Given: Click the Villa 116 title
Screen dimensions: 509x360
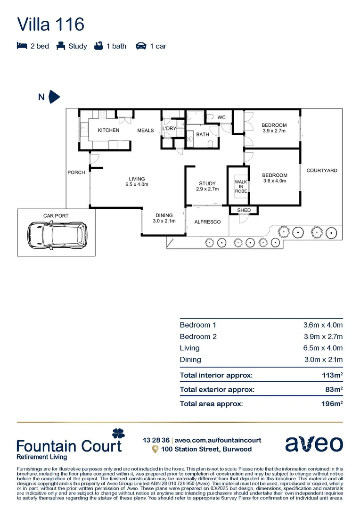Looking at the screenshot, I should (x=50, y=24).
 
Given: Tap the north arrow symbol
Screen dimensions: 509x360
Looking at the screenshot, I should (x=55, y=97).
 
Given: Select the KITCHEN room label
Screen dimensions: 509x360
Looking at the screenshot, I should (x=108, y=131).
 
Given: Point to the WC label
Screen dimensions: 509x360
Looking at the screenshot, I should (x=221, y=117).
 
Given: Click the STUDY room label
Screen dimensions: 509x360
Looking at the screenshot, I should (x=207, y=184).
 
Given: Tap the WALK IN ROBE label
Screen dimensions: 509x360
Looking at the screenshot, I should (x=241, y=187).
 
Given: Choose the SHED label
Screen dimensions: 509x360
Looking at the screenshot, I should (x=244, y=210).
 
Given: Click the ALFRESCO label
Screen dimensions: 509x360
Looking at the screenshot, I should (x=208, y=222).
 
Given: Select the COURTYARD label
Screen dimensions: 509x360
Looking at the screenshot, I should (x=322, y=171).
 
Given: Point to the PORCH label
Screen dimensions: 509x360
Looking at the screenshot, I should (x=76, y=172).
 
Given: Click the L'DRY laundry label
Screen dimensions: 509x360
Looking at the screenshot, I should (x=169, y=129).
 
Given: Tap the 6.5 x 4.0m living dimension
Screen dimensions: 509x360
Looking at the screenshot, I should (x=137, y=185).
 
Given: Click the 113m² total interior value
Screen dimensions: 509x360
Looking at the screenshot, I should (x=332, y=376).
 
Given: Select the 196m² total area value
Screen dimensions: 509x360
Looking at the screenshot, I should (x=332, y=404).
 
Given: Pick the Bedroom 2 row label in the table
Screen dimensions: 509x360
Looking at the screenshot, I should (x=198, y=337).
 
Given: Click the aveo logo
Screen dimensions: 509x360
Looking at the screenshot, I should (x=313, y=444).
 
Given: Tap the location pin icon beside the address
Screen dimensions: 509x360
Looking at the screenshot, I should (x=155, y=450).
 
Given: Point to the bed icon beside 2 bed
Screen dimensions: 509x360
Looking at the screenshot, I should (x=22, y=46).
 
